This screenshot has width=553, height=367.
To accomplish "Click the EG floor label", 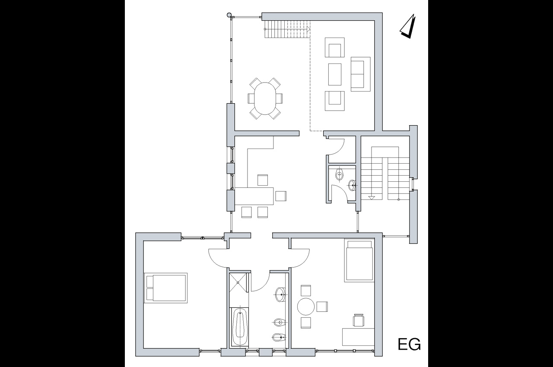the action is (409, 344).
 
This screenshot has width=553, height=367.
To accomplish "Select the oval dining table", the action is (265, 98).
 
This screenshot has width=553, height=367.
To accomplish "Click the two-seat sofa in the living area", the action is (360, 74).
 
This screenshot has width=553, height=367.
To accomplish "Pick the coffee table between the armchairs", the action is (335, 75).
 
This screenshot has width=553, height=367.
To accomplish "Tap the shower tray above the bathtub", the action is (238, 282).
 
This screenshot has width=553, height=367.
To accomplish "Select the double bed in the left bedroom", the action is (165, 288).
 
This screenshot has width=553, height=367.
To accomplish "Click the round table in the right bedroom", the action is (306, 307).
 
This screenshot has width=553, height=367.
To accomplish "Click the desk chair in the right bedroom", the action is (359, 320).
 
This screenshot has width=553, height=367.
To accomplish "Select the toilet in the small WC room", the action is (340, 175).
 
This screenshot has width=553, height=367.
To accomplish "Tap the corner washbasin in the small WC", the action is (352, 185).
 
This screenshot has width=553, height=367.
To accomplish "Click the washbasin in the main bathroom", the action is (280, 294).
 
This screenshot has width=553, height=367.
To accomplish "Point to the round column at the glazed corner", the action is (229, 15).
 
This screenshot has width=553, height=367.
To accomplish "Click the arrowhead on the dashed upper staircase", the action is (308, 29).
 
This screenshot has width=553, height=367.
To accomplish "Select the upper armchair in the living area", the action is (334, 47).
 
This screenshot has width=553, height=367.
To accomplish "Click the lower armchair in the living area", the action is (334, 101).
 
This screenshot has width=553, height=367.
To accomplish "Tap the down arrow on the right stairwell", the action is (372, 197).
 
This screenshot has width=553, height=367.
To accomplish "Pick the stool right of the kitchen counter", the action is (281, 196).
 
